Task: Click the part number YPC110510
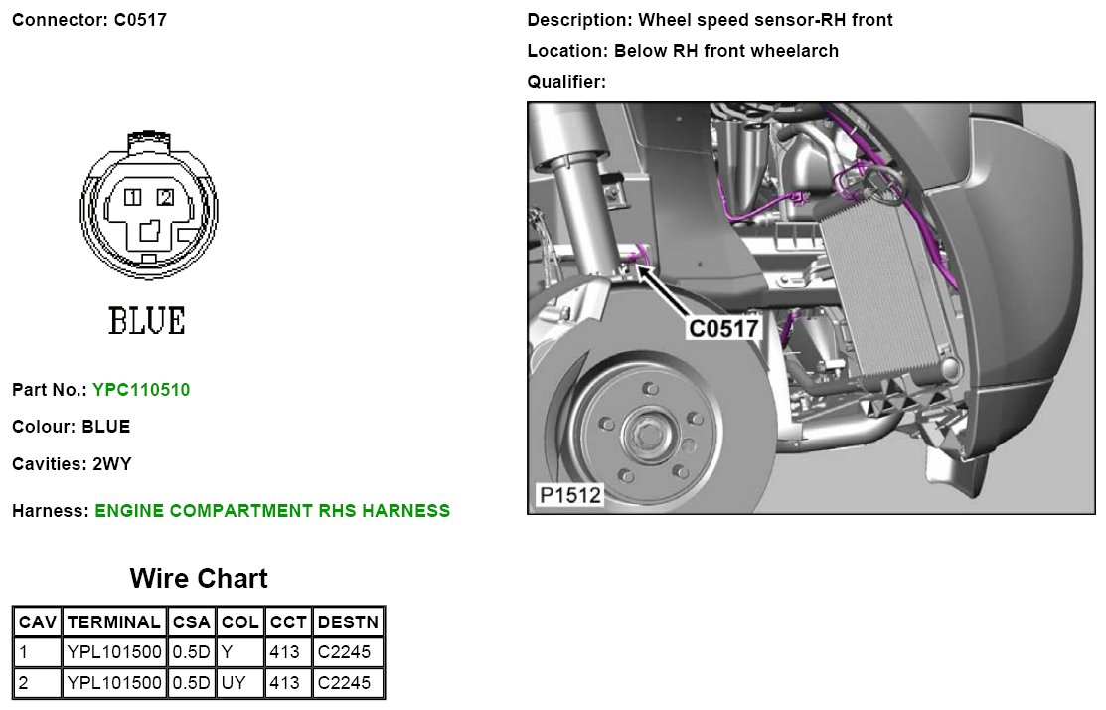tap(141, 390)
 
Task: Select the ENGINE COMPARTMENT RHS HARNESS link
tap(272, 511)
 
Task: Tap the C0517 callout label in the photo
tap(724, 328)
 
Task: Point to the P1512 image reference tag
tap(570, 494)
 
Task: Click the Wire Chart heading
tap(199, 578)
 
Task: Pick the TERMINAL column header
tap(114, 622)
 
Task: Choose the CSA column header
tap(191, 622)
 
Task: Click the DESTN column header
tap(348, 622)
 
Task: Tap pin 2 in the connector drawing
tap(165, 197)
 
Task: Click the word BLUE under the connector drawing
tap(146, 321)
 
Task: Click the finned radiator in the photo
tap(874, 298)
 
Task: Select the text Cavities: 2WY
tap(72, 463)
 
